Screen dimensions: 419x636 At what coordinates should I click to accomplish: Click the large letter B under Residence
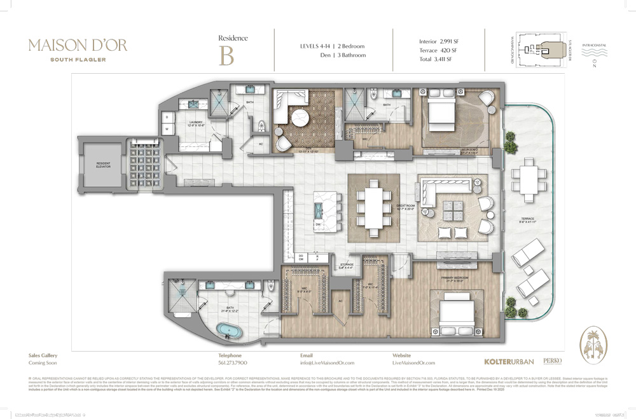pos(226,55)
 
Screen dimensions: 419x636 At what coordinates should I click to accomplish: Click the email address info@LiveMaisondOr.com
pos(327,363)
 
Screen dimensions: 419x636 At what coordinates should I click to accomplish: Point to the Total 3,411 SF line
pos(436,59)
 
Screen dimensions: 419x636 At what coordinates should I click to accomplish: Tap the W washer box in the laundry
pos(167,129)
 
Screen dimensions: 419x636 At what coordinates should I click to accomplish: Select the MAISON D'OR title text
pos(78,45)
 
